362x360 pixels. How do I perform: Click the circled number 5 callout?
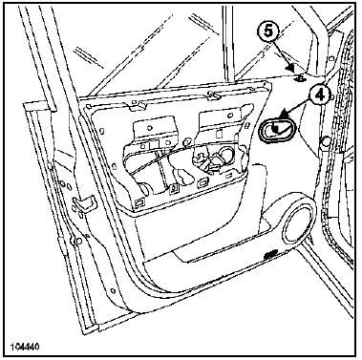(x=268, y=31)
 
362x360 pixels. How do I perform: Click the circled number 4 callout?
(x=319, y=95)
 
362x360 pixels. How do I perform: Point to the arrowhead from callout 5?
(x=290, y=67)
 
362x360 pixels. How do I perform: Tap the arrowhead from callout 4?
(x=283, y=113)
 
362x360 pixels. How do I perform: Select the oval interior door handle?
(x=277, y=130)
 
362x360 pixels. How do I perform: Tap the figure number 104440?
(x=26, y=347)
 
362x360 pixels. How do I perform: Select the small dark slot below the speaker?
(x=269, y=254)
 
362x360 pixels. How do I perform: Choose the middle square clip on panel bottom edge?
(x=173, y=189)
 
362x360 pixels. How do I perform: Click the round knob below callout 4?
(x=325, y=140)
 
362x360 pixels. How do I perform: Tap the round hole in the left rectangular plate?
(x=149, y=127)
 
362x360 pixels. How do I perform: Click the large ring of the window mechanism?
(x=228, y=155)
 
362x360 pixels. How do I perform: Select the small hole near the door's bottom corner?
(x=113, y=291)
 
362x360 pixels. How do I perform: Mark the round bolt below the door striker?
(x=76, y=241)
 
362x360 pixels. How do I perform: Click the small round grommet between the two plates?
(x=187, y=140)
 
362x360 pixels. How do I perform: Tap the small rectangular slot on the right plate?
(x=219, y=134)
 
